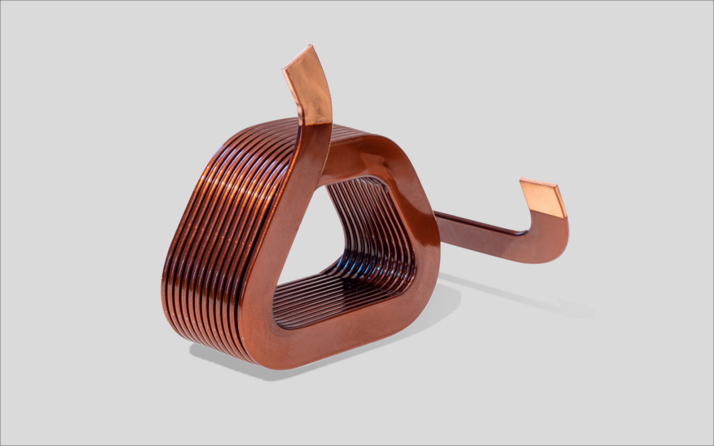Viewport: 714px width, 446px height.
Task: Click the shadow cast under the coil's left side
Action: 214,353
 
